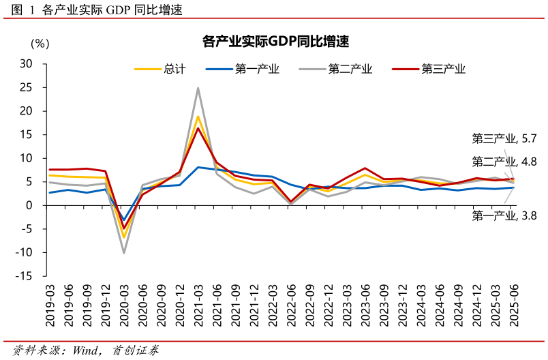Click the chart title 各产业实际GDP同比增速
(275, 42)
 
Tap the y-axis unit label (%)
(40, 44)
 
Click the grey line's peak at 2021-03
(198, 88)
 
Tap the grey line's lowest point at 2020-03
(123, 253)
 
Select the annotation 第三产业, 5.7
(504, 138)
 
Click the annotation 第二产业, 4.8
(504, 162)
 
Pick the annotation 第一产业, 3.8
(504, 215)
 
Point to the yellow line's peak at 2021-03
(198, 117)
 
